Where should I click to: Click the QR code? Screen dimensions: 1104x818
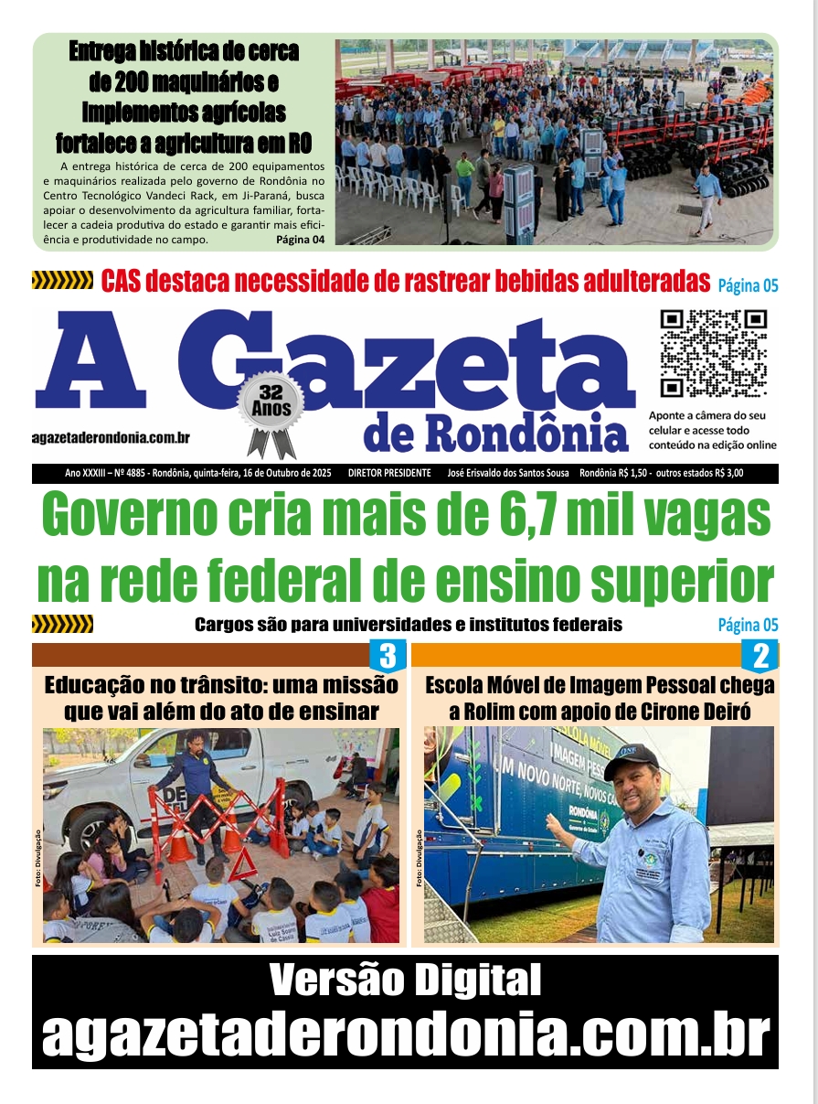(713, 353)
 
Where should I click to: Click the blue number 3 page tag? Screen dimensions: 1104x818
(387, 656)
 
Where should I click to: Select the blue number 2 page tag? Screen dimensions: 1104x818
(760, 656)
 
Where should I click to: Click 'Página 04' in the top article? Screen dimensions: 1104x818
(300, 240)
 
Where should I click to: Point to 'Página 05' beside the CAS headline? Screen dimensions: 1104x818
(748, 285)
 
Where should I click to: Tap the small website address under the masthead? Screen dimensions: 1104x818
(111, 439)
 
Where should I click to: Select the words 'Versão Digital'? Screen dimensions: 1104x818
(406, 981)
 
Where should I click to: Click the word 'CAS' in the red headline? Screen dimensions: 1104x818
(126, 281)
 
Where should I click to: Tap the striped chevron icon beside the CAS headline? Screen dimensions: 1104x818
(62, 281)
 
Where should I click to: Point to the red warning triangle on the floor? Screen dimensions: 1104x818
(242, 865)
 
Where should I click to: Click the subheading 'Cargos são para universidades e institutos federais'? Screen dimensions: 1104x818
(408, 626)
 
